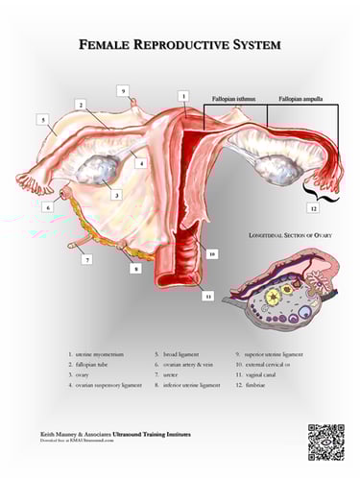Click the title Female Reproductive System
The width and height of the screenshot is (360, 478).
point(180,45)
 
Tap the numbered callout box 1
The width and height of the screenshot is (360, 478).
point(182,96)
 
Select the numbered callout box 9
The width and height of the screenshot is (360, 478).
point(123,90)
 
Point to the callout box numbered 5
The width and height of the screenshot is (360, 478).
point(43,119)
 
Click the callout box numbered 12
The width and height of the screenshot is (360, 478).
point(312,207)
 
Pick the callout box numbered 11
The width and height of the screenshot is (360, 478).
point(206,297)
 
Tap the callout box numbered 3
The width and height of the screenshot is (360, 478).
point(116,194)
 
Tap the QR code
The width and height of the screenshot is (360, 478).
point(325,441)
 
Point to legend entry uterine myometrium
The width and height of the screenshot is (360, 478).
point(96,355)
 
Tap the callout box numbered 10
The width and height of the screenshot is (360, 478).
point(211,253)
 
